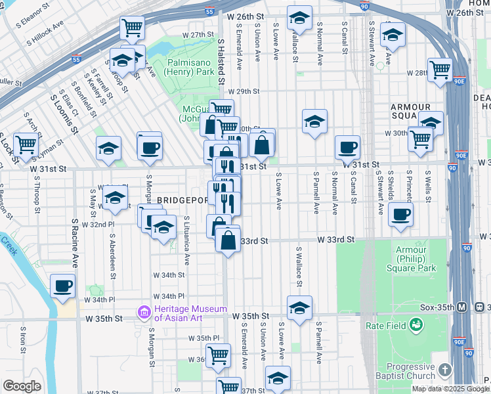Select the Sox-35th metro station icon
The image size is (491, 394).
[461, 307]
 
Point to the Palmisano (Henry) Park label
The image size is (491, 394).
[174, 64]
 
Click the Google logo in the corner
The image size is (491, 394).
[22, 386]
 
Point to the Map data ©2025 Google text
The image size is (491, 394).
[450, 389]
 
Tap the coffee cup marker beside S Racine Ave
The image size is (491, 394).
[63, 286]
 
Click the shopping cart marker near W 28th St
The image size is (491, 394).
[439, 70]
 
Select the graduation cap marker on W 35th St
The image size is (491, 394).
[299, 307]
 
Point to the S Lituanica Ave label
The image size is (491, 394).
[187, 240]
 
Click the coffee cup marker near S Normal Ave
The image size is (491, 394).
[347, 148]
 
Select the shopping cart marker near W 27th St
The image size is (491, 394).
[132, 28]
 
